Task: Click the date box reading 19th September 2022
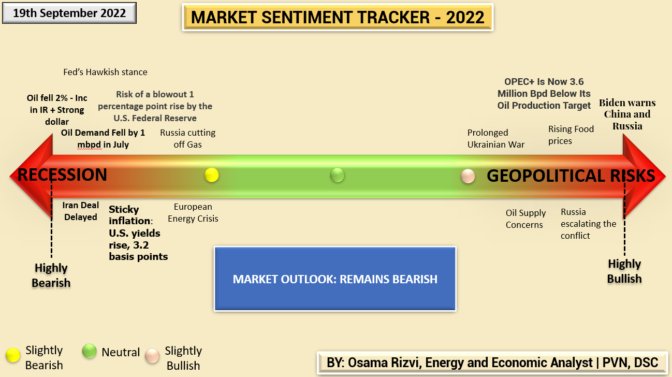tap(69, 13)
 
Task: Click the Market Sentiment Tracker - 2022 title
tap(338, 17)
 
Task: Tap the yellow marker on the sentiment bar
tap(211, 175)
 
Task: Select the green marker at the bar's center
tap(337, 176)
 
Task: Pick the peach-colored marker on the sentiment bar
tap(468, 176)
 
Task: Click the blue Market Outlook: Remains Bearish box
tap(335, 279)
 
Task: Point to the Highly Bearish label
tap(51, 275)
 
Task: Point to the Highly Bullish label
tap(624, 271)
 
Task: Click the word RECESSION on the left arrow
tap(62, 175)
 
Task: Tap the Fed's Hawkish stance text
tap(105, 72)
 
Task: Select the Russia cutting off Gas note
tap(187, 138)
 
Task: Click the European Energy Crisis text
tap(193, 212)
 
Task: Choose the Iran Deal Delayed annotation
tap(80, 211)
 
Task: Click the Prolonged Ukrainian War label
tap(495, 139)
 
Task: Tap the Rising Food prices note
tap(571, 135)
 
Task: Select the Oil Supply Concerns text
tap(525, 219)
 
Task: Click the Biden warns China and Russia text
tap(627, 114)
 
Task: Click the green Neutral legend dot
tap(90, 352)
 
